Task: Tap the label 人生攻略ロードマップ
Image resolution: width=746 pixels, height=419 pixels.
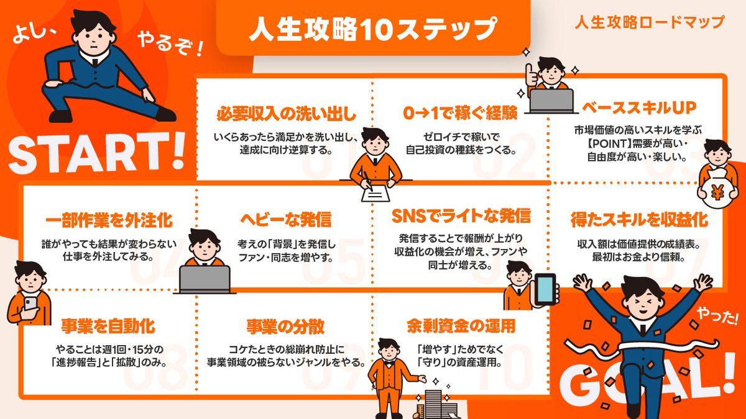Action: point(649,22)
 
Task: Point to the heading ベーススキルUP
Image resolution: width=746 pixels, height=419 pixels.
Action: point(634,107)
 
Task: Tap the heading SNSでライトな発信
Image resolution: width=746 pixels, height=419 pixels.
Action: point(461,216)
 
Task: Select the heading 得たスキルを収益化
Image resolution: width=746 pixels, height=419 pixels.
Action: point(639,220)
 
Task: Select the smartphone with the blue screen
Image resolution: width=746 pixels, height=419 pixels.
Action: point(546,288)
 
